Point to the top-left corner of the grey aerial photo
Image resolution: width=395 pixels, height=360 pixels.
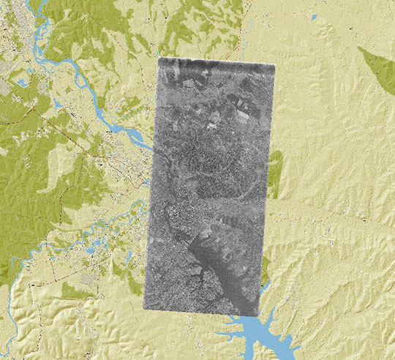(159, 59)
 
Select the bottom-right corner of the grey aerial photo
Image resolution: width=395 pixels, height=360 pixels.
(260, 316)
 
